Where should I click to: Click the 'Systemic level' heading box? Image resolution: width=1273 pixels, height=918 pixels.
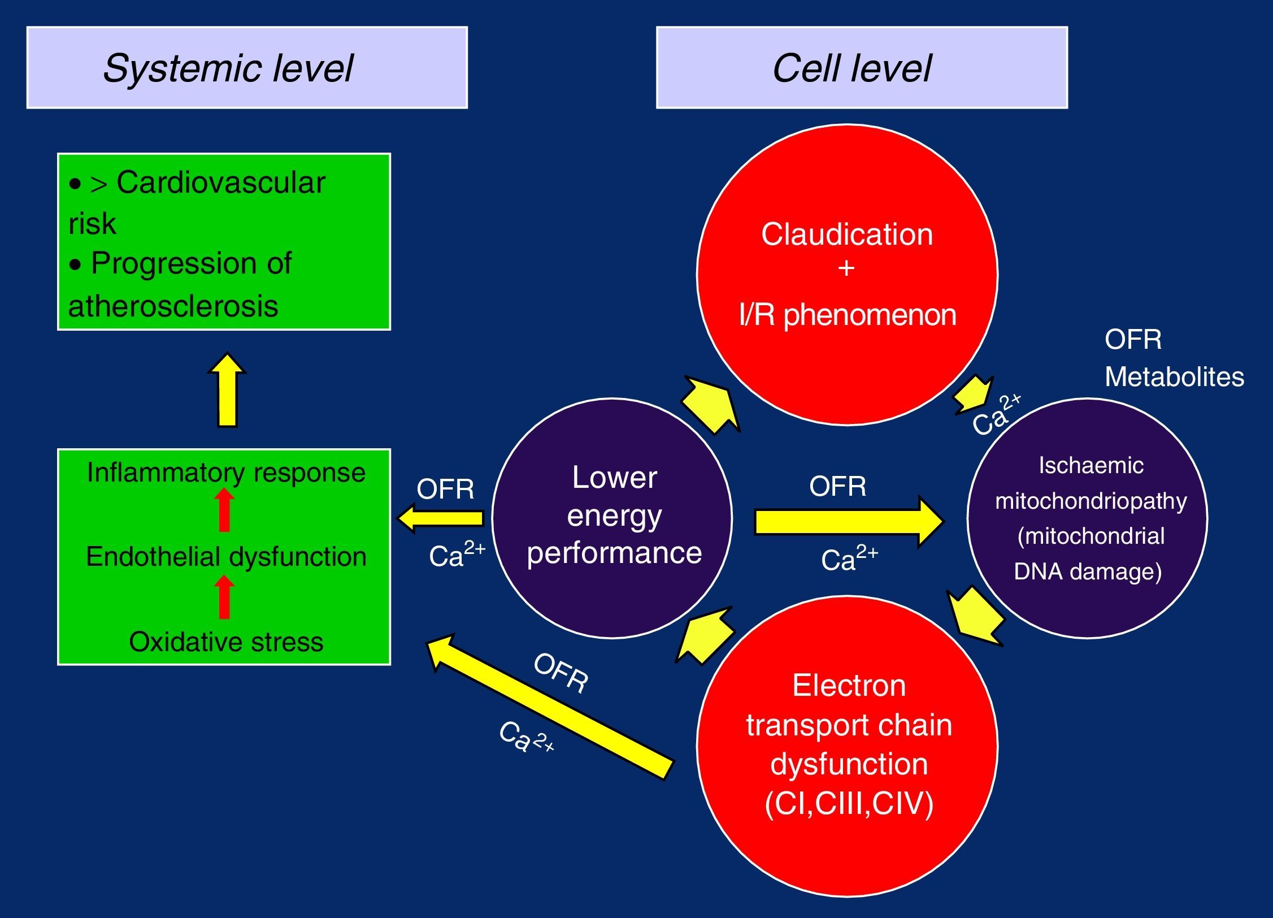247,68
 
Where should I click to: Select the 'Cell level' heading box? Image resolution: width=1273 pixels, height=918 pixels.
862,68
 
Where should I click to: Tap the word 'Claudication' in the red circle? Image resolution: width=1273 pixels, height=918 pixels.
846,235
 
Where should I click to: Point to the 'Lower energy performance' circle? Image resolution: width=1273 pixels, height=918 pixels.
613,517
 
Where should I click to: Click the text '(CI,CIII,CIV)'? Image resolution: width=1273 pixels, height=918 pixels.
849,803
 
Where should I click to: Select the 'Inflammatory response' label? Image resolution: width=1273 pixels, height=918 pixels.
226,473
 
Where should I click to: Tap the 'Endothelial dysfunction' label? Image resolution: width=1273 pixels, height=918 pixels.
226,557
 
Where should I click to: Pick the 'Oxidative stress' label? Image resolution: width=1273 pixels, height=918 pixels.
226,642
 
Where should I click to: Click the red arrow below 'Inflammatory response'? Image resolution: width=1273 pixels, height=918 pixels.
224,510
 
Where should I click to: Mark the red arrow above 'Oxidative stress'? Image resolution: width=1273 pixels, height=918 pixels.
224,597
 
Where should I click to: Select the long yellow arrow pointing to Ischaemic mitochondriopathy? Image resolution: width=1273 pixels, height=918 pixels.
848,521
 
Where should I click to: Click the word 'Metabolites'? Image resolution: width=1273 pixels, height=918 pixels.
1174,377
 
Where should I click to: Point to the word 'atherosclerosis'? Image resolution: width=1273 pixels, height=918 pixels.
173,306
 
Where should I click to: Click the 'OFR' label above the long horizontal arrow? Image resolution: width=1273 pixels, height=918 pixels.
837,486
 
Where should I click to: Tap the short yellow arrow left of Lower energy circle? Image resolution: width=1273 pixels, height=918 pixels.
441,518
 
